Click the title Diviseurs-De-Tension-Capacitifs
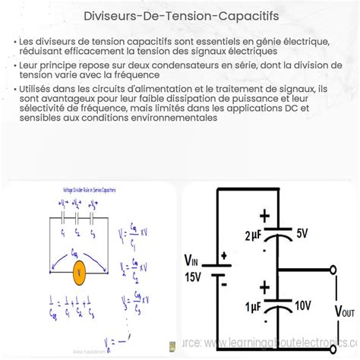pos(180,14)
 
